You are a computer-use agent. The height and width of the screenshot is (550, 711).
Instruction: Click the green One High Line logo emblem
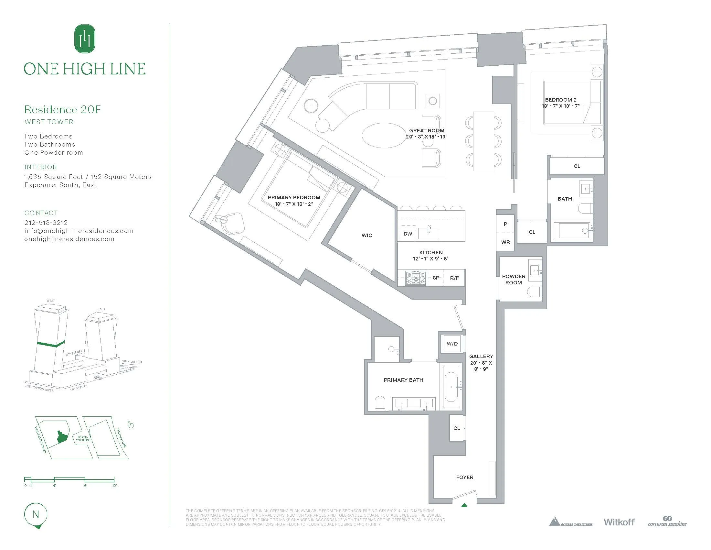[85, 38]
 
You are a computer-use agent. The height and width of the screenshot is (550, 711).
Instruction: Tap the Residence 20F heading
[62, 109]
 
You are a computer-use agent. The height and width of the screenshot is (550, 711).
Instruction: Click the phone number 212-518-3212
[46, 223]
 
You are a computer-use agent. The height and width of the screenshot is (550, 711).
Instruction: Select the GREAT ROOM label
[427, 131]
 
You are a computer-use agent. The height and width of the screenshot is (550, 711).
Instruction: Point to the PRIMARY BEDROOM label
[294, 197]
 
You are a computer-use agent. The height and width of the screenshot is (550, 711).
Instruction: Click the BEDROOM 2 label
[558, 100]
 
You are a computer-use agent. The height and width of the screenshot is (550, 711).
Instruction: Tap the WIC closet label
[366, 235]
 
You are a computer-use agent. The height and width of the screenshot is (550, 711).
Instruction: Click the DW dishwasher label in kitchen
[408, 234]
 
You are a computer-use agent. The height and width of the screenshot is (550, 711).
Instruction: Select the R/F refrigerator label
[454, 278]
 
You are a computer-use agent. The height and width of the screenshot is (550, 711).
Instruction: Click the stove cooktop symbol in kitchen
[416, 278]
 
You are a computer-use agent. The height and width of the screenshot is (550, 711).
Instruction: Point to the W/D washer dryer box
[452, 344]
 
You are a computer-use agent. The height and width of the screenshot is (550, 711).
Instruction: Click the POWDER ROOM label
[514, 280]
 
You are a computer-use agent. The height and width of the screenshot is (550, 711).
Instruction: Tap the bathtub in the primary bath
[451, 387]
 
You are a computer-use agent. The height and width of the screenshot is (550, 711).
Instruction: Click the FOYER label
[464, 477]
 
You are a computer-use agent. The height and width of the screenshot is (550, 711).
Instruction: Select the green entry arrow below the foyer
[464, 505]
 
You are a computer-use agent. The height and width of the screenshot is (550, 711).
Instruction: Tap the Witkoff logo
[619, 522]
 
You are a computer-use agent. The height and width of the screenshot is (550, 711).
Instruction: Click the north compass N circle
[36, 515]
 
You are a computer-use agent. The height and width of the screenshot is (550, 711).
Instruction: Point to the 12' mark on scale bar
[114, 486]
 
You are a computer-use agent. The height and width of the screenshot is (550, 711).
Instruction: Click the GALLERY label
[481, 357]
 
